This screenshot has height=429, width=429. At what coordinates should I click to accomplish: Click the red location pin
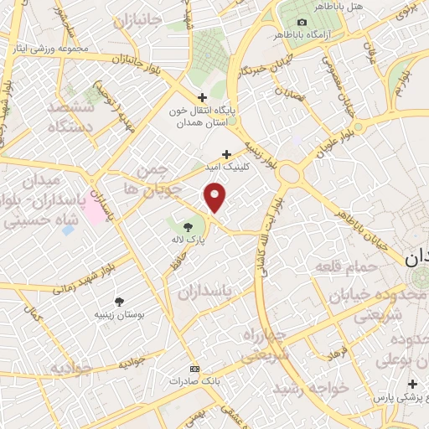tap(215, 198)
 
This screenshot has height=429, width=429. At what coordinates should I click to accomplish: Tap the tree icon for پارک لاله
tap(188, 225)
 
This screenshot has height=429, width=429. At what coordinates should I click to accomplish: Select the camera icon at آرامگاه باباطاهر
tap(302, 22)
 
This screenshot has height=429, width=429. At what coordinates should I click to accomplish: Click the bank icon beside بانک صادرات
tap(195, 369)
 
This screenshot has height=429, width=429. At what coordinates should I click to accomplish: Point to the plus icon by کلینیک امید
tap(226, 153)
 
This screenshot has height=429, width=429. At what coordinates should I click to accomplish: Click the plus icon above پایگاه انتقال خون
tap(201, 96)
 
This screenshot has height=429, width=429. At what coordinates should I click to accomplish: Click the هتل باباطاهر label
tap(333, 6)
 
